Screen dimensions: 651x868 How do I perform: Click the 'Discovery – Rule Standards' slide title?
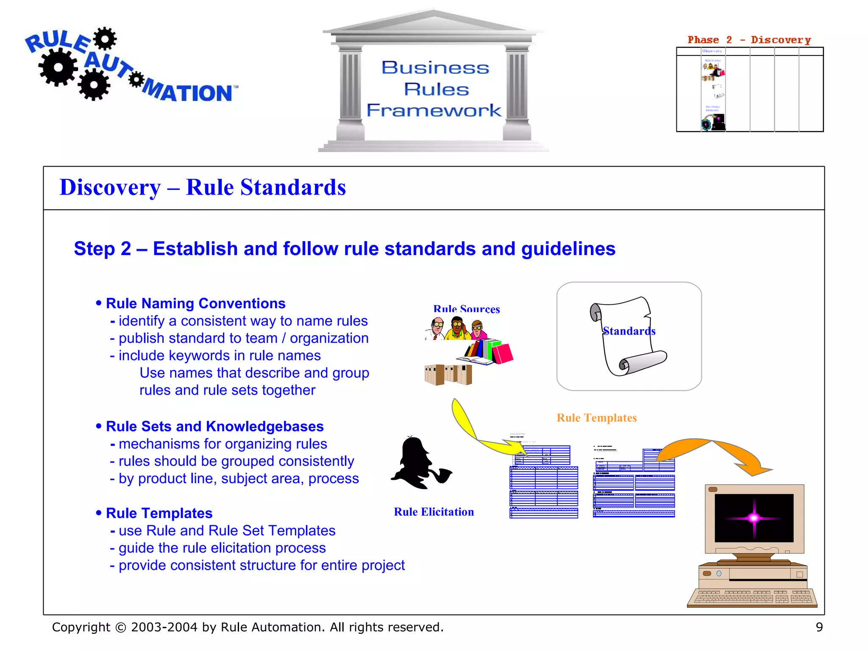coord(203,188)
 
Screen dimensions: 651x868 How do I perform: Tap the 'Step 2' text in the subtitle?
coord(102,249)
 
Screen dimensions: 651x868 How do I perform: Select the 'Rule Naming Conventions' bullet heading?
coord(195,303)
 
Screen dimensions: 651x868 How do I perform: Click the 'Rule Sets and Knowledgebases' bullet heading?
coord(214,426)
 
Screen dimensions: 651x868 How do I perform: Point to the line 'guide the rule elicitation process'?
coord(222,548)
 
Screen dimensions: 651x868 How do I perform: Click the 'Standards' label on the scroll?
coord(629,331)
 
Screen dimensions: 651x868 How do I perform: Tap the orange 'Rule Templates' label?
coord(596,418)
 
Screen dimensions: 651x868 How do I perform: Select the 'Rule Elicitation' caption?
coord(434,512)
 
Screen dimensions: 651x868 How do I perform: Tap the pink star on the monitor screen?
coord(754,517)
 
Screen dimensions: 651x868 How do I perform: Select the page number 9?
coord(819,627)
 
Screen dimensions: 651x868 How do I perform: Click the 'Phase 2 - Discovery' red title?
coord(749,40)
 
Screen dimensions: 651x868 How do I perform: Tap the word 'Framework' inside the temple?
coord(434,110)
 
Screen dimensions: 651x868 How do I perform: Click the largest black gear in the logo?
coord(58,67)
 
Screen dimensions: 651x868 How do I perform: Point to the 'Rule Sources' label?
coord(466,309)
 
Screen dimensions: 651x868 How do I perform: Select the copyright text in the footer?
coord(248,627)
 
